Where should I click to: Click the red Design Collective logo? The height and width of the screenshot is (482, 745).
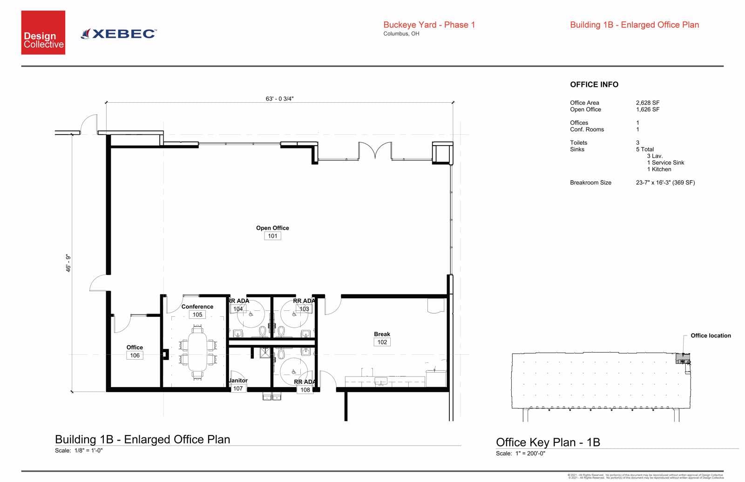43,33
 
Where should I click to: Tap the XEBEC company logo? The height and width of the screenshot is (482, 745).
119,33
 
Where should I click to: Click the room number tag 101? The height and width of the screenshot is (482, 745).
272,236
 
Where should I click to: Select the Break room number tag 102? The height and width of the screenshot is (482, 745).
382,342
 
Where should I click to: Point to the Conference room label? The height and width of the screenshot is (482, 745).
197,307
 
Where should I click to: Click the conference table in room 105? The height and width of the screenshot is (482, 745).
198,352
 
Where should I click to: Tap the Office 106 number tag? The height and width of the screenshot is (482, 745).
135,355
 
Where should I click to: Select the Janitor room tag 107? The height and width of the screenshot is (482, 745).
238,388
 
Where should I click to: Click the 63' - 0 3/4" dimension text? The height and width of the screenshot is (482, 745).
279,99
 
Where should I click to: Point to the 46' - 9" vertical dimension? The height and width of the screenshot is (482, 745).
68,263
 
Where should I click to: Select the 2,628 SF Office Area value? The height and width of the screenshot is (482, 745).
648,103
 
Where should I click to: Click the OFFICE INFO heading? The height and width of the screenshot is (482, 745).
594,85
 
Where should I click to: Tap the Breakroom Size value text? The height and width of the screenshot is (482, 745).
665,183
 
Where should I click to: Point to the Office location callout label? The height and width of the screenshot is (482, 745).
711,335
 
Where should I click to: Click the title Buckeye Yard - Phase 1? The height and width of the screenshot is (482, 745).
429,25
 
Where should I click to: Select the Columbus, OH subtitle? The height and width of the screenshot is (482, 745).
401,34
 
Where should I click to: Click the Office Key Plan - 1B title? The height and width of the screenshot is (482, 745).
548,442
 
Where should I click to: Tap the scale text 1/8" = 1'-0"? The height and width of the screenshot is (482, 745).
88,450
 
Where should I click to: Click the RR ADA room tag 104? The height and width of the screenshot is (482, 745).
238,309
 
